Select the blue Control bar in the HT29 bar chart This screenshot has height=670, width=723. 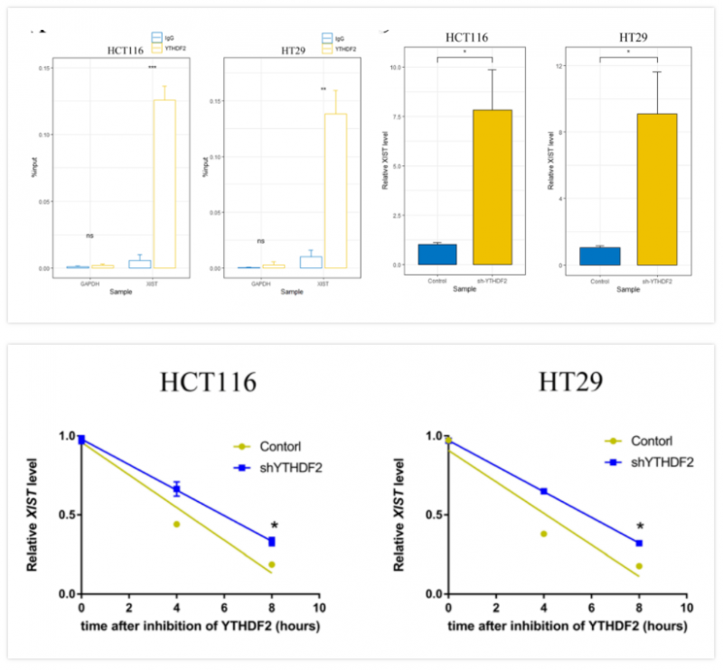pyautogui.click(x=600, y=256)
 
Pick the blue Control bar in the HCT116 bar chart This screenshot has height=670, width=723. pyautogui.click(x=437, y=254)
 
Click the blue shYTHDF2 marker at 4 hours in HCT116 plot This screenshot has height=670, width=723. pyautogui.click(x=177, y=489)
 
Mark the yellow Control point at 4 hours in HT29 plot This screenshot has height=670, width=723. pyautogui.click(x=544, y=534)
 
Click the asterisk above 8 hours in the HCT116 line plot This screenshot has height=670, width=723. pyautogui.click(x=273, y=526)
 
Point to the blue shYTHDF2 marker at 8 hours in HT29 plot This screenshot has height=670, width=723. pyautogui.click(x=639, y=543)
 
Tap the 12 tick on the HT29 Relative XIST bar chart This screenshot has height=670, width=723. pyautogui.click(x=560, y=66)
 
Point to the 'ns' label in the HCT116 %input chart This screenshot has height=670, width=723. pyautogui.click(x=90, y=236)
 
